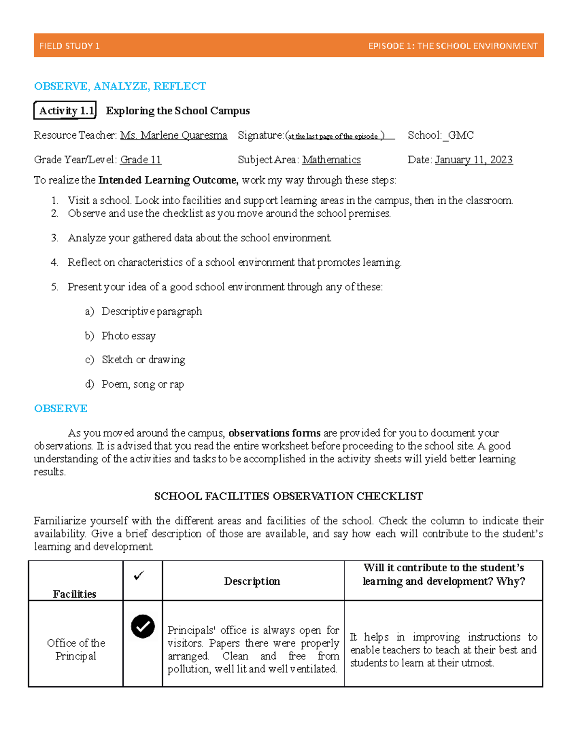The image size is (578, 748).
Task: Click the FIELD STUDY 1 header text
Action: coord(69,46)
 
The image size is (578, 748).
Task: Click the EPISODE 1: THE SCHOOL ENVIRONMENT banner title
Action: coord(452,46)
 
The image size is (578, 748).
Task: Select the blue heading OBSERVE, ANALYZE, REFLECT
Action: coord(120,86)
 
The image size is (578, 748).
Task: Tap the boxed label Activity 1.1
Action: coord(66,111)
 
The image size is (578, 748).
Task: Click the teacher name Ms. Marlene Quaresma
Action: coord(173,135)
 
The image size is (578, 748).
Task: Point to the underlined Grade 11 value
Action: coord(141,160)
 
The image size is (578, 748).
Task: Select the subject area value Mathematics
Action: coord(331,160)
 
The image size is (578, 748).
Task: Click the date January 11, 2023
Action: coord(473,160)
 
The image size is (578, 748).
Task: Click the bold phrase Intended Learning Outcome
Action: coord(168,180)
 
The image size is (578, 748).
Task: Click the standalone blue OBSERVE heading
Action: coord(61,408)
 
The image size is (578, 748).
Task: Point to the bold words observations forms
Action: coord(275,433)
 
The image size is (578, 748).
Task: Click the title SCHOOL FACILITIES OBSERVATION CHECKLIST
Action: coord(289,496)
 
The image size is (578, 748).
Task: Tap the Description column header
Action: coord(252,581)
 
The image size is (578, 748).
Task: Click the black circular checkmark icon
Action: coord(143,627)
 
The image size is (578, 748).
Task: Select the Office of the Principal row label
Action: coord(76,649)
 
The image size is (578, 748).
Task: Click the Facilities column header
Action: coord(75,594)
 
